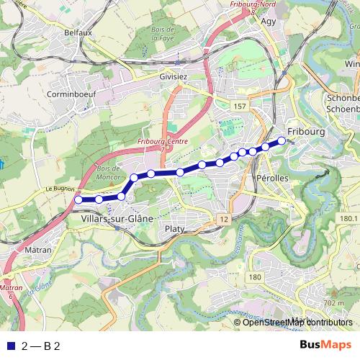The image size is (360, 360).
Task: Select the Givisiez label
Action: tap(174, 75)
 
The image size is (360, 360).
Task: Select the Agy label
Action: tap(269, 21)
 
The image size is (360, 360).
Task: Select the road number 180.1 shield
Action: tap(348, 218)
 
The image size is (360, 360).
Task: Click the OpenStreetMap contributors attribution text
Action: tap(297, 323)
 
